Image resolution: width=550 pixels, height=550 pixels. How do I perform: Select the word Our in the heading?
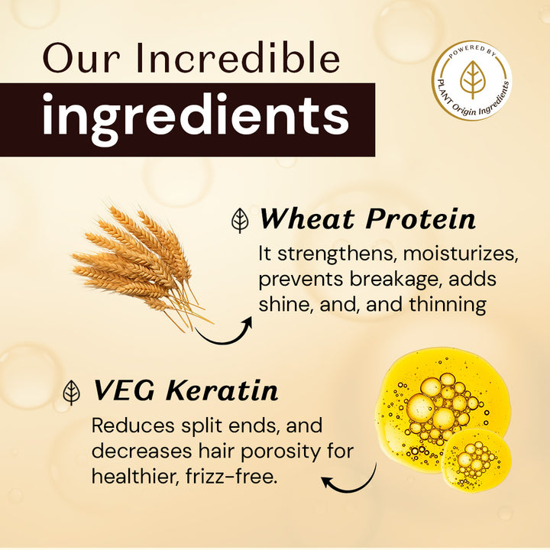point(72,59)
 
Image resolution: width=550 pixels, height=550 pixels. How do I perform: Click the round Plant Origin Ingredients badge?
point(472,80)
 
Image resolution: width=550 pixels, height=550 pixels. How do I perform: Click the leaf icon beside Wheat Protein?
point(241,221)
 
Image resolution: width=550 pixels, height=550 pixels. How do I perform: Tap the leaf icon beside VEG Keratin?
point(72,392)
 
